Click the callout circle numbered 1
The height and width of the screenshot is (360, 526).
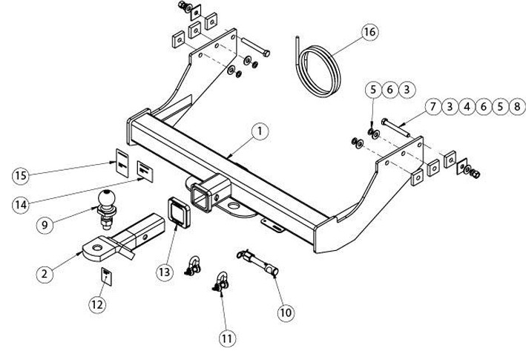[261, 132]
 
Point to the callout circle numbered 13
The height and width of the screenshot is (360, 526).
[165, 272]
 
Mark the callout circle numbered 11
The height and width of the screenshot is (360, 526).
[227, 338]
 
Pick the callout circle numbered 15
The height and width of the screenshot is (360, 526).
[22, 175]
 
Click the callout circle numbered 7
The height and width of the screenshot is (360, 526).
[433, 107]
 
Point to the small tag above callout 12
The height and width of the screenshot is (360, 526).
[106, 277]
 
